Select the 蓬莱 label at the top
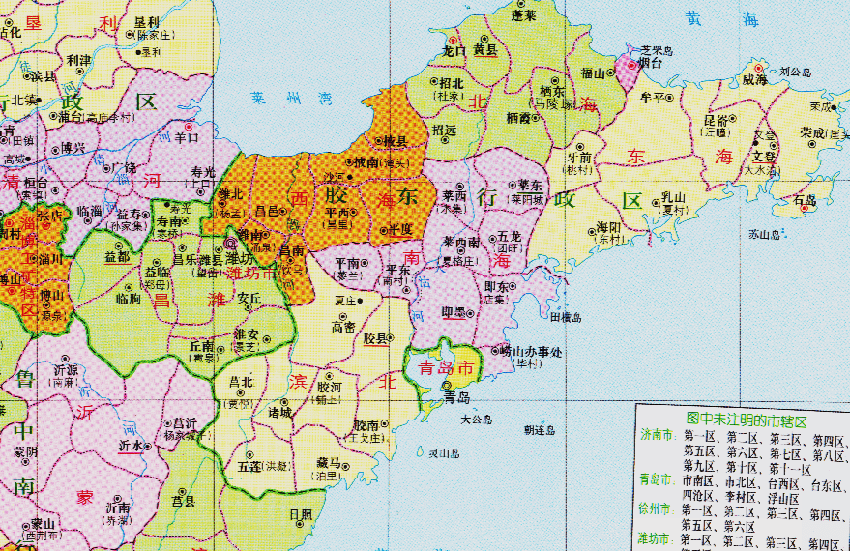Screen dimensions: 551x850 point(523,16)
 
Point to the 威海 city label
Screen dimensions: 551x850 point(754,80)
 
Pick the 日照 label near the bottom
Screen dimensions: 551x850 point(301,514)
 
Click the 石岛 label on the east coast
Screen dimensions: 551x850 point(805,202)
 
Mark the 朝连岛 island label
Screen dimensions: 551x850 point(540,430)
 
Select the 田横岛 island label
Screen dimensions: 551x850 point(566,316)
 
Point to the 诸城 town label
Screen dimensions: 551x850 point(279,413)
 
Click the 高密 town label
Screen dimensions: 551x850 point(344,327)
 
